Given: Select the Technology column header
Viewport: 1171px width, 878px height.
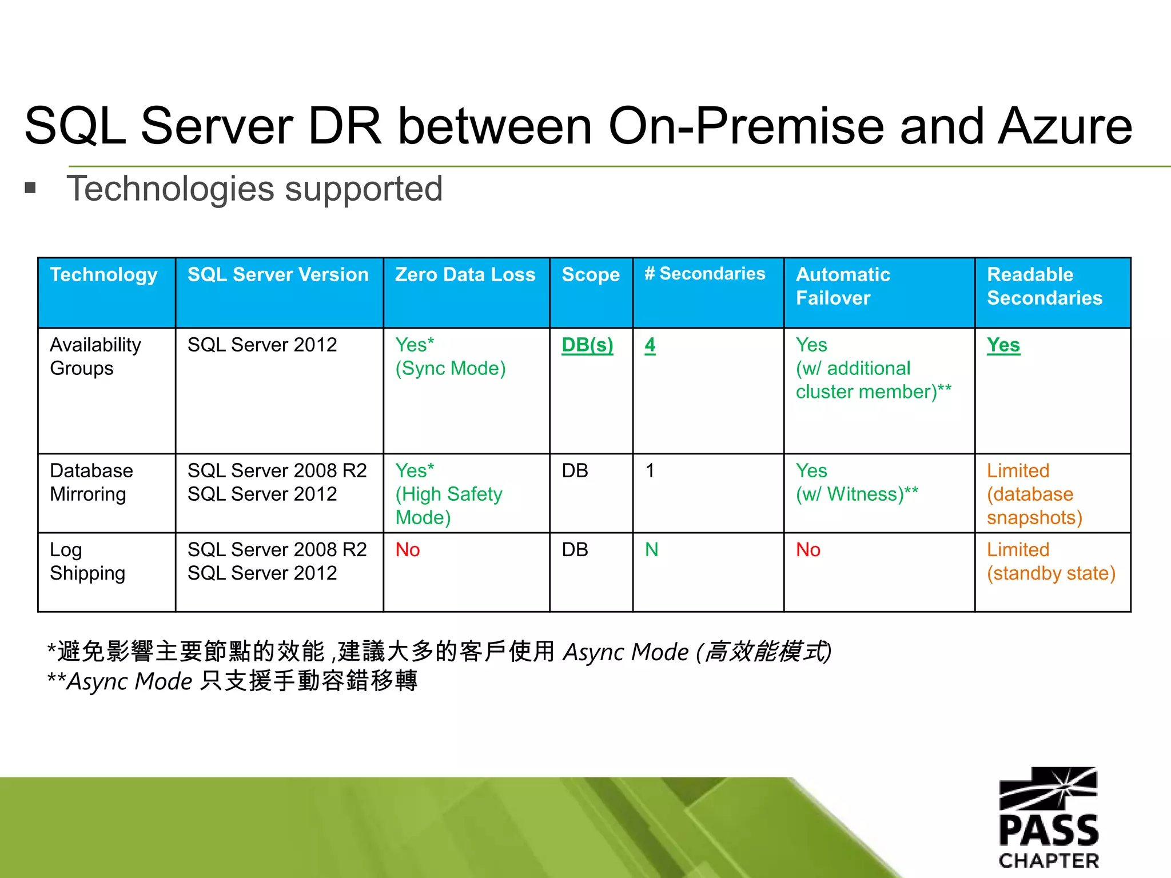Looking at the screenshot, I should coord(103,275).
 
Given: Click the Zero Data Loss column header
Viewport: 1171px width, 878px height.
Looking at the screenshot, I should coord(465,275).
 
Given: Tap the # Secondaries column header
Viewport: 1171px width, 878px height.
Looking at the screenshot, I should coord(704,274).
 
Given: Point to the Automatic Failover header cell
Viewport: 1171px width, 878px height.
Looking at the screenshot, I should coord(843,286).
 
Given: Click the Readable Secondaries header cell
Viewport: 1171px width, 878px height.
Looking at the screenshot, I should coord(1044,286).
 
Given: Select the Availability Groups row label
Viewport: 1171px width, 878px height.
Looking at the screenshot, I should coord(95,356).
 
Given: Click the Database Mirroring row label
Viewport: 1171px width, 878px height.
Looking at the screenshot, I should coord(91,482).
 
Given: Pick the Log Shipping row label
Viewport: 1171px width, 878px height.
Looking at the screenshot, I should coord(87,561).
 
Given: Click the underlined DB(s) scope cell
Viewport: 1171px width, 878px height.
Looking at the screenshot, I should coord(587,345).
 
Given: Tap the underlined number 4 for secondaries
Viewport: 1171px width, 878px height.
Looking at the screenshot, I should coord(650,345).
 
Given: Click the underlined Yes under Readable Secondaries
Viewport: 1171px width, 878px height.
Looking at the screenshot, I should coord(1003,345).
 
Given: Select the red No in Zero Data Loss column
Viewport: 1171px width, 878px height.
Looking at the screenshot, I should coord(408,550).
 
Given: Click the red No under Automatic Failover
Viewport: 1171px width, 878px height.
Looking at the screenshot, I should coord(808,550).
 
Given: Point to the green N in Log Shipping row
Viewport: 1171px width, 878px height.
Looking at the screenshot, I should coord(651,550).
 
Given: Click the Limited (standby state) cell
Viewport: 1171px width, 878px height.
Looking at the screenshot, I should coord(1050,561).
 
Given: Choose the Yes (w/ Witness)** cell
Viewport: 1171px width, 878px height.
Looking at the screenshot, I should coord(857,482).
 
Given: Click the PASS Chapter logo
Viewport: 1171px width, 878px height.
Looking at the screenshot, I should coord(1048,817).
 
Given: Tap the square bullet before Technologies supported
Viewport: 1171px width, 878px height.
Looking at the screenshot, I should coord(30,188).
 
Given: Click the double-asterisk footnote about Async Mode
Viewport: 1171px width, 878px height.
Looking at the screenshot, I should coord(232,681).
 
